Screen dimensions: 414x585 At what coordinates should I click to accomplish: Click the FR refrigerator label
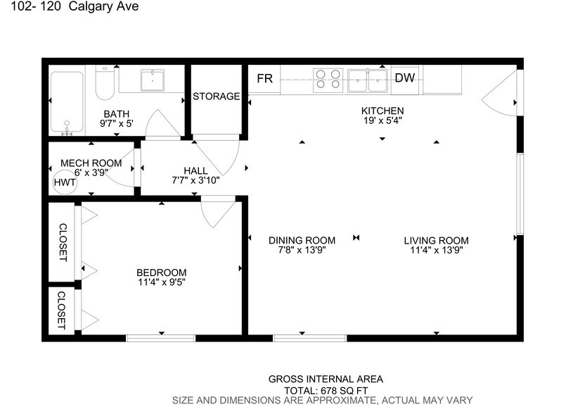pyautogui.click(x=264, y=78)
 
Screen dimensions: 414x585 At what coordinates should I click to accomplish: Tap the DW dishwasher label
pyautogui.click(x=404, y=78)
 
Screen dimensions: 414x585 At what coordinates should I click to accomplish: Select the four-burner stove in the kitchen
pyautogui.click(x=327, y=78)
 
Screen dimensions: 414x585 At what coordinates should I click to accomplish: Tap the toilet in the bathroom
pyautogui.click(x=105, y=82)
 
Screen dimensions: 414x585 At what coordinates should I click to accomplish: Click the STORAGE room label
pyautogui.click(x=217, y=96)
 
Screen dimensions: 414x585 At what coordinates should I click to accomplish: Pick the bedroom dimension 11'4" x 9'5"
pyautogui.click(x=161, y=283)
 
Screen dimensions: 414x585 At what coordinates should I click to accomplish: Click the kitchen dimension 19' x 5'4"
pyautogui.click(x=382, y=120)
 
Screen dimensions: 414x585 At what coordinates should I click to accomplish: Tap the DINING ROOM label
pyautogui.click(x=302, y=240)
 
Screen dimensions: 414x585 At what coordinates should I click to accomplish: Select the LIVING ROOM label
pyautogui.click(x=436, y=240)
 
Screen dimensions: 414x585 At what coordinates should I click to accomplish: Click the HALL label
pyautogui.click(x=195, y=170)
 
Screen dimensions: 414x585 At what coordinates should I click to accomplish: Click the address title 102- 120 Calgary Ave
pyautogui.click(x=70, y=8)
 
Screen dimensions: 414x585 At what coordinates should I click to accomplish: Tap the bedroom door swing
pyautogui.click(x=218, y=213)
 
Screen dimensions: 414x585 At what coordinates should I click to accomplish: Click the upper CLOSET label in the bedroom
pyautogui.click(x=62, y=242)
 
